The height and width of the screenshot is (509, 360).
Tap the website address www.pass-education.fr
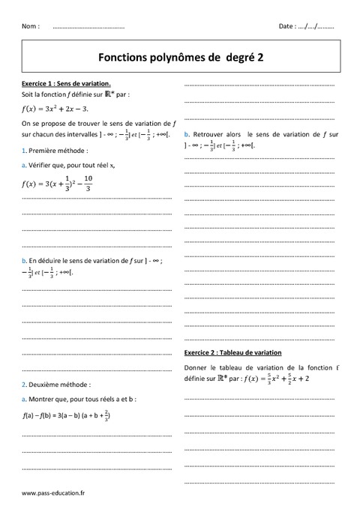(53, 493)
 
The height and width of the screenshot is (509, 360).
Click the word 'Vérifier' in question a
(43, 165)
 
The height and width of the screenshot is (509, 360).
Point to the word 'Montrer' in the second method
(43, 399)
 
